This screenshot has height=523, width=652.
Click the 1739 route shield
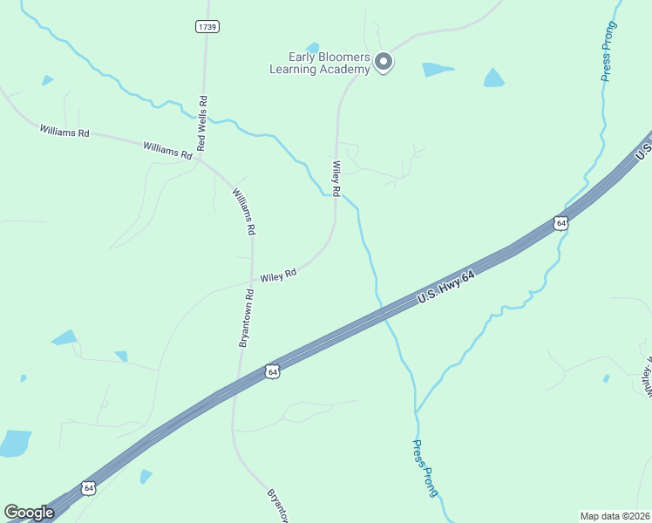[207, 27]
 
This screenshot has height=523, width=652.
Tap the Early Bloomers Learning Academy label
[320, 63]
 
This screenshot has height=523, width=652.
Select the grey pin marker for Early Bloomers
[384, 61]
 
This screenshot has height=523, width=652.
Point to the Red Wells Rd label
[201, 123]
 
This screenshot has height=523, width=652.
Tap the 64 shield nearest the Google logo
[87, 488]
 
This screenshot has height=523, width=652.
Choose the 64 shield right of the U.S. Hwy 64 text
[560, 223]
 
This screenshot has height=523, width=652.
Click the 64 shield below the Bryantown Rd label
[273, 371]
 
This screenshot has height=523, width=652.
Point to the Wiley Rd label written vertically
[335, 177]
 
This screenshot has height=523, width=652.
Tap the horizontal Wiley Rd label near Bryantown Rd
[278, 275]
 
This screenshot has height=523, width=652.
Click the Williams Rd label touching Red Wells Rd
[167, 150]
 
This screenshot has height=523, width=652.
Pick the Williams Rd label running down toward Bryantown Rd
[243, 211]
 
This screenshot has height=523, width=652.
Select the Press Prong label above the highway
[608, 51]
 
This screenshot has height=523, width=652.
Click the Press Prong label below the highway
[424, 467]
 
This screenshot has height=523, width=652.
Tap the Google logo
[29, 513]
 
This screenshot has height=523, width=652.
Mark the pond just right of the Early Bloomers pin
[438, 69]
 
